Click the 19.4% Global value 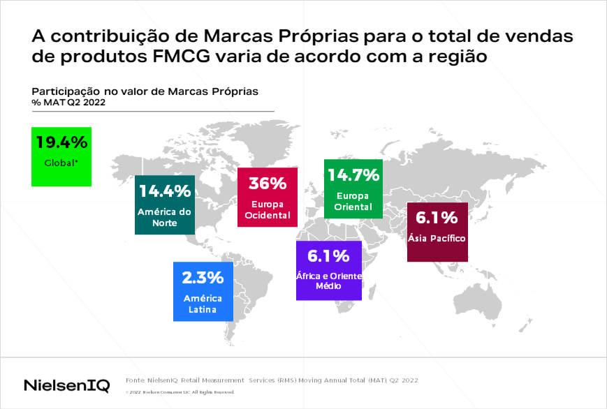click(x=61, y=142)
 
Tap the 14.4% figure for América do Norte click(x=165, y=190)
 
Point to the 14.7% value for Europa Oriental click(x=353, y=174)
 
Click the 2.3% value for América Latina click(x=203, y=277)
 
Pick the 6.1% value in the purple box click(x=328, y=256)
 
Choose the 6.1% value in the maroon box click(x=437, y=217)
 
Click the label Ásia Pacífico click(x=437, y=239)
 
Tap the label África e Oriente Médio click(x=328, y=281)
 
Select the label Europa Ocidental click(x=268, y=209)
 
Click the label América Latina click(x=203, y=304)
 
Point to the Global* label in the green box click(x=61, y=163)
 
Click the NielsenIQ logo click(x=66, y=385)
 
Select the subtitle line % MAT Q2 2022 click(x=68, y=103)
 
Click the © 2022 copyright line click(x=180, y=392)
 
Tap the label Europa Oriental click(x=353, y=201)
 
